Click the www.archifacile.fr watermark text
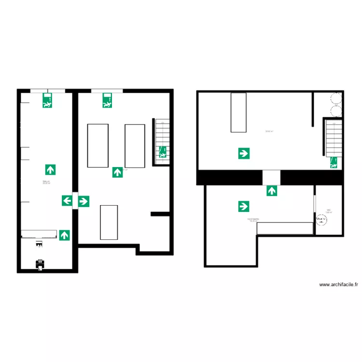coord(339,285)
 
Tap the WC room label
coord(329,211)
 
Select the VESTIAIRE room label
coord(253,220)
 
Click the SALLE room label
coord(46,182)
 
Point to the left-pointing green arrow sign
coord(67,201)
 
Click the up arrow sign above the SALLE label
coord(50,169)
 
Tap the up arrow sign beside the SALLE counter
coord(64,235)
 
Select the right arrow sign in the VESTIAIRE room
coord(244,207)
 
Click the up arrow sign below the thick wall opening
coord(272,191)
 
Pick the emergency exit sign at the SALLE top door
coord(47,100)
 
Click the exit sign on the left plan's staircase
coord(163,152)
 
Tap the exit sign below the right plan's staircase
coord(334,163)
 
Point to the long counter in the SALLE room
coord(39,234)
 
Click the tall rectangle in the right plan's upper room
coord(238,112)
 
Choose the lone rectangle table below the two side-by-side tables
coord(109,222)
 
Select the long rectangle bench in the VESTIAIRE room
coord(285,228)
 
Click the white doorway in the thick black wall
coord(271,177)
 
